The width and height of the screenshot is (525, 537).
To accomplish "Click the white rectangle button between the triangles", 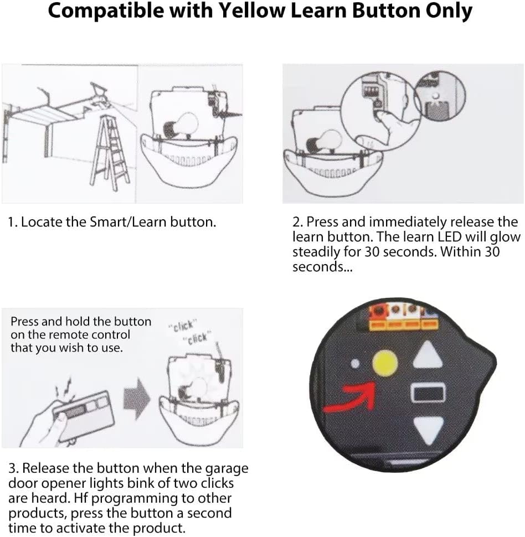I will pos(428,394).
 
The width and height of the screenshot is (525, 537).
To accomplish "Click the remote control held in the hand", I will pos(83,415).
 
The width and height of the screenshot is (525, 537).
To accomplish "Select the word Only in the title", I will pos(449,11).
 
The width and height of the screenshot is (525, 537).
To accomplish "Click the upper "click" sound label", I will pos(183,327).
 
